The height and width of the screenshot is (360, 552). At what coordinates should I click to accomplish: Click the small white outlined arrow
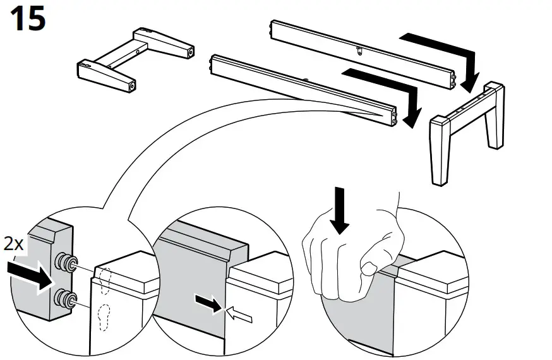click(239, 312)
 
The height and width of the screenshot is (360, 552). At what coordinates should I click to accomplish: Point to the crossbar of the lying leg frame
click(120, 57)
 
